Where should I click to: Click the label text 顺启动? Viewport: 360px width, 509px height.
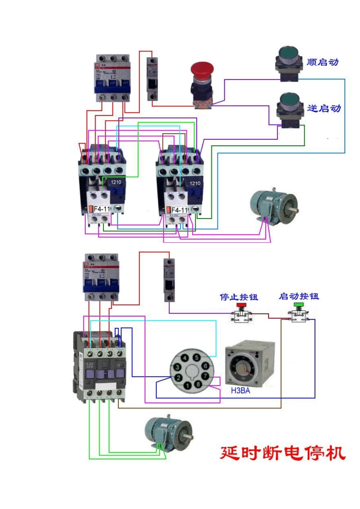(322, 62)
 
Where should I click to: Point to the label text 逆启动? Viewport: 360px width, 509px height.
(324, 108)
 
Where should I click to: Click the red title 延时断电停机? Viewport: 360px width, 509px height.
(283, 453)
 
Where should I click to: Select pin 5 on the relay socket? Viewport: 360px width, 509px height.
(197, 358)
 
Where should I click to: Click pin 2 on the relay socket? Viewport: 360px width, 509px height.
(178, 378)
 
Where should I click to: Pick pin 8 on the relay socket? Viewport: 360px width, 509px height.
(198, 384)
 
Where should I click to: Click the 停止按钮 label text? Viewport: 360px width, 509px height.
(239, 297)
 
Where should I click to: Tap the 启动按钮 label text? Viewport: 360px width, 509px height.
(299, 296)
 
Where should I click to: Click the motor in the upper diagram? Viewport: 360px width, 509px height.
(273, 207)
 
